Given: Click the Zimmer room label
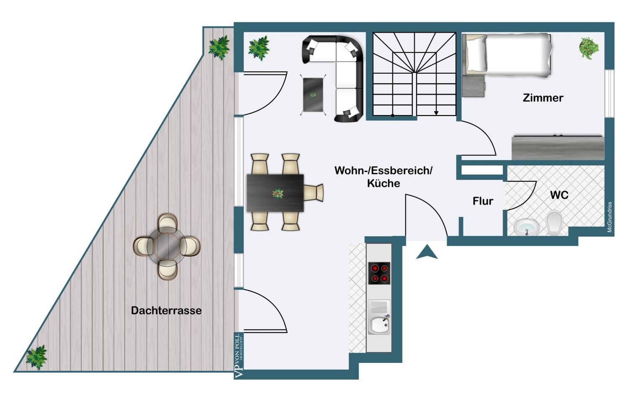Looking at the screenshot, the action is pyautogui.click(x=543, y=98).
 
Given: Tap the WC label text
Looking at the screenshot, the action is pyautogui.click(x=559, y=195).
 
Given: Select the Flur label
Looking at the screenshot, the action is pyautogui.click(x=483, y=201).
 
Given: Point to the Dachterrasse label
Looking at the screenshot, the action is pyautogui.click(x=166, y=311).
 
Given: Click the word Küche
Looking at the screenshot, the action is pyautogui.click(x=383, y=183).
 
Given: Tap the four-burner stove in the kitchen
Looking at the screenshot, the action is pyautogui.click(x=379, y=273).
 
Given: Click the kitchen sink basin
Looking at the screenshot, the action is pyautogui.click(x=379, y=325).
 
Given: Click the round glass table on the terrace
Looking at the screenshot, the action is pyautogui.click(x=166, y=246).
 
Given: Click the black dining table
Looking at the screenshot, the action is pyautogui.click(x=275, y=193).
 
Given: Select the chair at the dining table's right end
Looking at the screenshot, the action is pyautogui.click(x=314, y=193).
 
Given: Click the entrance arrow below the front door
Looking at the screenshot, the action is pyautogui.click(x=427, y=252).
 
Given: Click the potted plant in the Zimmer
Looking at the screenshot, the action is pyautogui.click(x=589, y=48).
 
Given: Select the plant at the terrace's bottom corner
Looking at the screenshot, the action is pyautogui.click(x=36, y=357).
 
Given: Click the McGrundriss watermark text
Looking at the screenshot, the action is pyautogui.click(x=610, y=217).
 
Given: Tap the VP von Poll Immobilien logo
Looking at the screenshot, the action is pyautogui.click(x=239, y=356).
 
